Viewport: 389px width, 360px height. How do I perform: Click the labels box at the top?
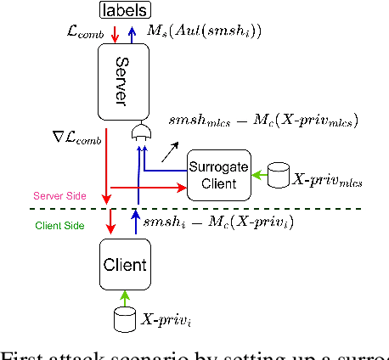tap(125, 10)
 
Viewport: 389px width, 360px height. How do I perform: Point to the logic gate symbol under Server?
tap(140, 134)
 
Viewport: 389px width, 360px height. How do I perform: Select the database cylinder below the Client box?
tap(124, 320)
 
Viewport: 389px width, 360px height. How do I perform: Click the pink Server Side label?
tap(59, 195)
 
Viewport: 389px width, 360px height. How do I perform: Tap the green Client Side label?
tap(59, 226)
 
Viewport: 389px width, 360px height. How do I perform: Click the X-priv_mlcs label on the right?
tap(327, 180)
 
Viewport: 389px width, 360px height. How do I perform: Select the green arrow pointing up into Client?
tap(124, 296)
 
